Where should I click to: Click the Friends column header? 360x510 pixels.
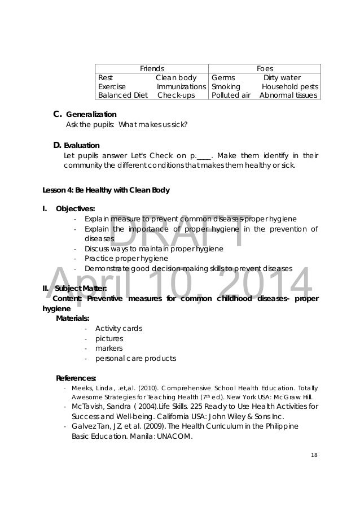click(x=152, y=68)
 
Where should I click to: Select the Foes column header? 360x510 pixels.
click(x=265, y=68)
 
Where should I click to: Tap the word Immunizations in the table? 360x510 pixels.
click(x=181, y=87)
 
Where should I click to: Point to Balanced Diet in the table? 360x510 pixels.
click(x=118, y=95)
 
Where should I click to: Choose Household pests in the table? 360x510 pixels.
click(x=289, y=87)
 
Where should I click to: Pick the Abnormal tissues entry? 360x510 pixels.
click(x=289, y=95)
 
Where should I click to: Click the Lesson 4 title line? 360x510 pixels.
click(x=106, y=189)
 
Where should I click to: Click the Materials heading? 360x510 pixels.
click(x=73, y=318)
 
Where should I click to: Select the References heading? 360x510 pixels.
click(x=76, y=378)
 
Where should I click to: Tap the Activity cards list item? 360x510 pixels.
click(x=118, y=329)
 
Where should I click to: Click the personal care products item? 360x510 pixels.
click(x=135, y=359)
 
